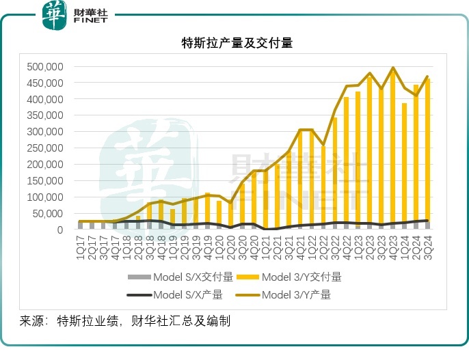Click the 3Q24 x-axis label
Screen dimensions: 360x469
(428, 245)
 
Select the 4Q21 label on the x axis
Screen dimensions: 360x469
(300, 245)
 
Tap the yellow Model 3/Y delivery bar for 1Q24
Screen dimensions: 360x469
(405, 164)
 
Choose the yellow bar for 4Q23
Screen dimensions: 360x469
(393, 150)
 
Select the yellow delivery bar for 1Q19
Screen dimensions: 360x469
(173, 219)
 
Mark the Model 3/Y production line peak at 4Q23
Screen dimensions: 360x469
(393, 68)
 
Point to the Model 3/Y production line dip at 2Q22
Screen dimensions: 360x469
(323, 145)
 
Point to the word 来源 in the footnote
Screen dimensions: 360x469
(31, 320)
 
